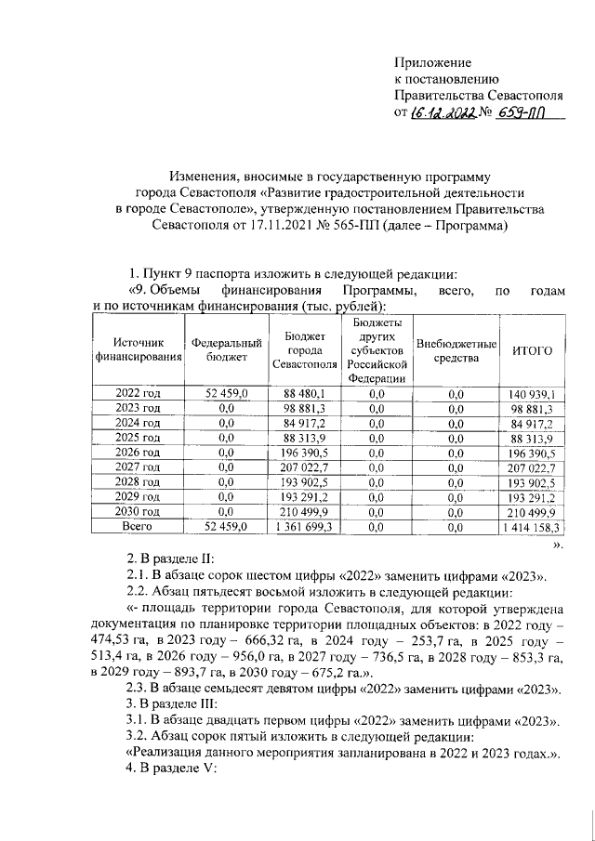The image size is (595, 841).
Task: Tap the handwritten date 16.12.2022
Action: point(443,113)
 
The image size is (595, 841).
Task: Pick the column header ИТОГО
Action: point(533,350)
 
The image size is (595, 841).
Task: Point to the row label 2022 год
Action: point(138,395)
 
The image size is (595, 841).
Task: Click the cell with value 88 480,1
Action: point(303,395)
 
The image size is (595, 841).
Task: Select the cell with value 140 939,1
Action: point(534,395)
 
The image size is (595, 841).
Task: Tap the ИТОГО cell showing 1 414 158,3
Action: point(534,526)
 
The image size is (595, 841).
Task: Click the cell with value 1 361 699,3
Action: point(303,526)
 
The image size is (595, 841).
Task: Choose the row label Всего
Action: point(138,526)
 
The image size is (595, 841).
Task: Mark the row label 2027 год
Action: point(138,467)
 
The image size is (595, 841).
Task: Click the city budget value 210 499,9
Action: point(303,511)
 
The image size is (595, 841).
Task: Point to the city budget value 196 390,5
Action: point(303,453)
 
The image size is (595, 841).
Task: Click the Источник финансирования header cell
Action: point(138,350)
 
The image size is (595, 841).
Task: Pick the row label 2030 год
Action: point(138,511)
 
